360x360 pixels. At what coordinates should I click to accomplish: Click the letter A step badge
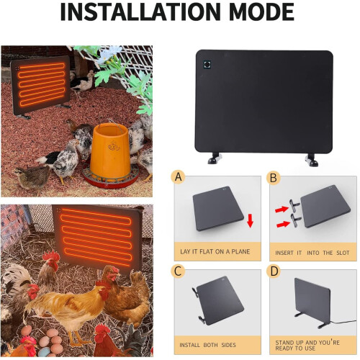[179, 178]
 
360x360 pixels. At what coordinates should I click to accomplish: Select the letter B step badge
[274, 178]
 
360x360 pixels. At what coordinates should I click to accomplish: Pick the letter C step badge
[179, 272]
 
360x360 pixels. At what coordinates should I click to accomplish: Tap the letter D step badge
[274, 272]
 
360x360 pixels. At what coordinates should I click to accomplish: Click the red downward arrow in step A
[250, 219]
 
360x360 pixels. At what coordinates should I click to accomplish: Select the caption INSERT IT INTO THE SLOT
[312, 253]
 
